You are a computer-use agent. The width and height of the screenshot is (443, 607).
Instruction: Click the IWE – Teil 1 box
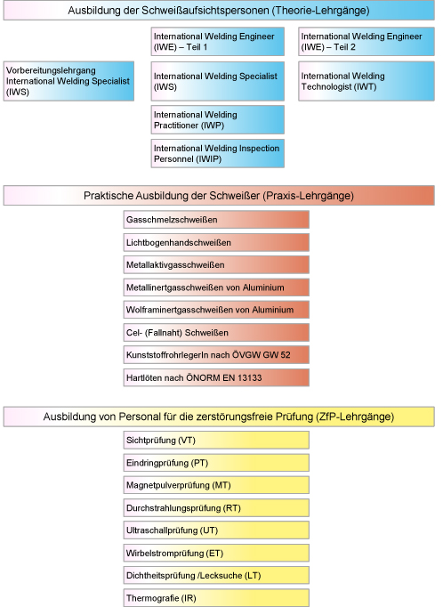click(x=218, y=42)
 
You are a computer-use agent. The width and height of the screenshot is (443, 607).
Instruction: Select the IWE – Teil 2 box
click(x=366, y=42)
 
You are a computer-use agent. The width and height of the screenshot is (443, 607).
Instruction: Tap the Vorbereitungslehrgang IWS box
click(x=68, y=81)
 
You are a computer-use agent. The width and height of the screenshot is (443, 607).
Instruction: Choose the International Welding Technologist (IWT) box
click(x=366, y=81)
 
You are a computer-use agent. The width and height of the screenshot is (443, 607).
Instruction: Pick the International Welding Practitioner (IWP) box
click(x=218, y=120)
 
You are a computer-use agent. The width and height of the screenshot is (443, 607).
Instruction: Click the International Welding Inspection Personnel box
click(x=218, y=154)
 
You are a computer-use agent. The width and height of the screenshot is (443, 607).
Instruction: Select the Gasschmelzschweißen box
click(x=216, y=220)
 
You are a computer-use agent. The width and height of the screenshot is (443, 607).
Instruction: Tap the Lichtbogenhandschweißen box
click(x=216, y=243)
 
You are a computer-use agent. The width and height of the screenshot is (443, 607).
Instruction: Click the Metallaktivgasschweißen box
click(x=216, y=265)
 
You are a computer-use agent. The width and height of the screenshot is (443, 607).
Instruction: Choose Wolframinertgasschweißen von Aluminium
click(x=216, y=310)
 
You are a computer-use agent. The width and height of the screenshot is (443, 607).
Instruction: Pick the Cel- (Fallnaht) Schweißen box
click(x=216, y=333)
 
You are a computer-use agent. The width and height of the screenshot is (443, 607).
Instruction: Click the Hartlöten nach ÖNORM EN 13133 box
click(x=216, y=378)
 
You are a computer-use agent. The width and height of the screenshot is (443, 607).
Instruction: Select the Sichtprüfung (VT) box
click(x=216, y=441)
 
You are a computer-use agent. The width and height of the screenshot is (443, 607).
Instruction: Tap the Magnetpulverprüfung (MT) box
click(x=216, y=485)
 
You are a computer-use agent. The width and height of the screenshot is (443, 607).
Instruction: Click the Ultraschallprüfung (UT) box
click(x=216, y=530)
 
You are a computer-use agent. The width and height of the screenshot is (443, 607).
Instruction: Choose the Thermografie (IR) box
click(x=216, y=598)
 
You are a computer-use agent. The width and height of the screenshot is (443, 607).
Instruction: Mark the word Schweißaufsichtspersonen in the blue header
click(x=205, y=11)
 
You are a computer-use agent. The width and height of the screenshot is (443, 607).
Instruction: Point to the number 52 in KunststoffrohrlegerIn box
click(x=286, y=355)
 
